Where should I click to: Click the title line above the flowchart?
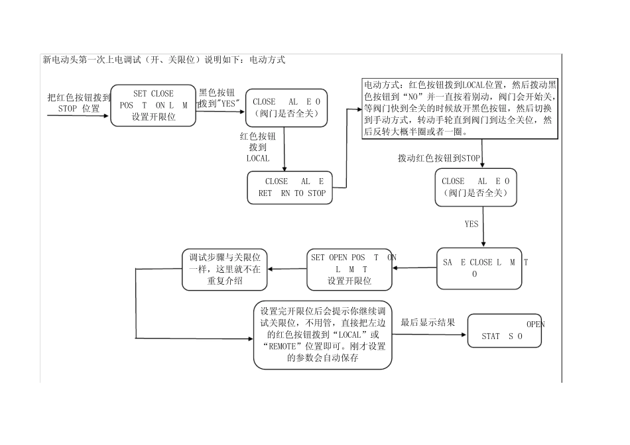164,60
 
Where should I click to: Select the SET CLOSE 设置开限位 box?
153,105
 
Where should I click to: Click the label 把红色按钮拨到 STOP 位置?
79,103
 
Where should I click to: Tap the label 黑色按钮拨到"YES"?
218,99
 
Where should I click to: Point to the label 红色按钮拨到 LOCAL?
258,147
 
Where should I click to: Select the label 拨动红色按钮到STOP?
438,158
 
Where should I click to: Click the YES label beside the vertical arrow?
471,224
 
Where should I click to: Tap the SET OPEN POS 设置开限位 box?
350,269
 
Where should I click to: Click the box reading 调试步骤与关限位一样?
224,269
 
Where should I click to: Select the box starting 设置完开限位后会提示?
323,334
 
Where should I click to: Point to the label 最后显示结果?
428,322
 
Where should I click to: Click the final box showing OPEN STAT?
505,330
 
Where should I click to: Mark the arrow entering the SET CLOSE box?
78,116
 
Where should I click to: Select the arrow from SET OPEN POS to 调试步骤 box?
286,269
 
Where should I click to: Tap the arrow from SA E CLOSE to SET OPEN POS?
414,268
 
